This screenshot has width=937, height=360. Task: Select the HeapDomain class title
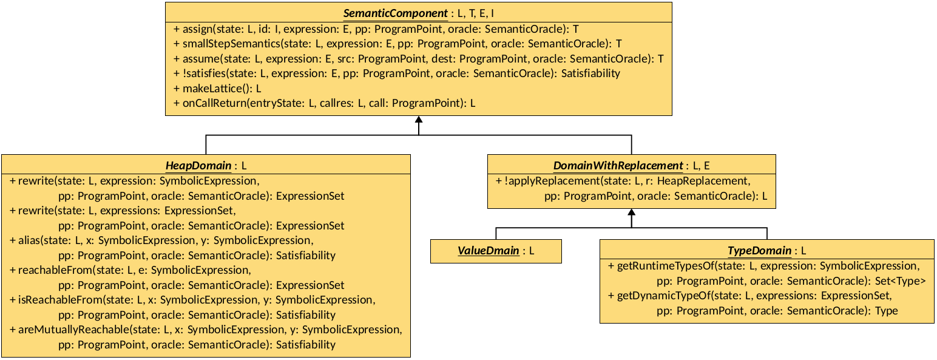tap(198, 165)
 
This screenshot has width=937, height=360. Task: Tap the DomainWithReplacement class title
tap(618, 165)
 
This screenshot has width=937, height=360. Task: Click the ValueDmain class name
tap(487, 251)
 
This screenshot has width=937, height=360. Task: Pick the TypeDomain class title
tap(759, 251)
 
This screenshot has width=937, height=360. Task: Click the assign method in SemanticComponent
tap(198, 29)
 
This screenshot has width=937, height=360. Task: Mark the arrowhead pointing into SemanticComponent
tap(419, 120)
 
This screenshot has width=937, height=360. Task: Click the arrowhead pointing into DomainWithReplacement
tap(631, 213)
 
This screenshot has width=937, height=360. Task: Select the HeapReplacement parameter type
tap(703, 181)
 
